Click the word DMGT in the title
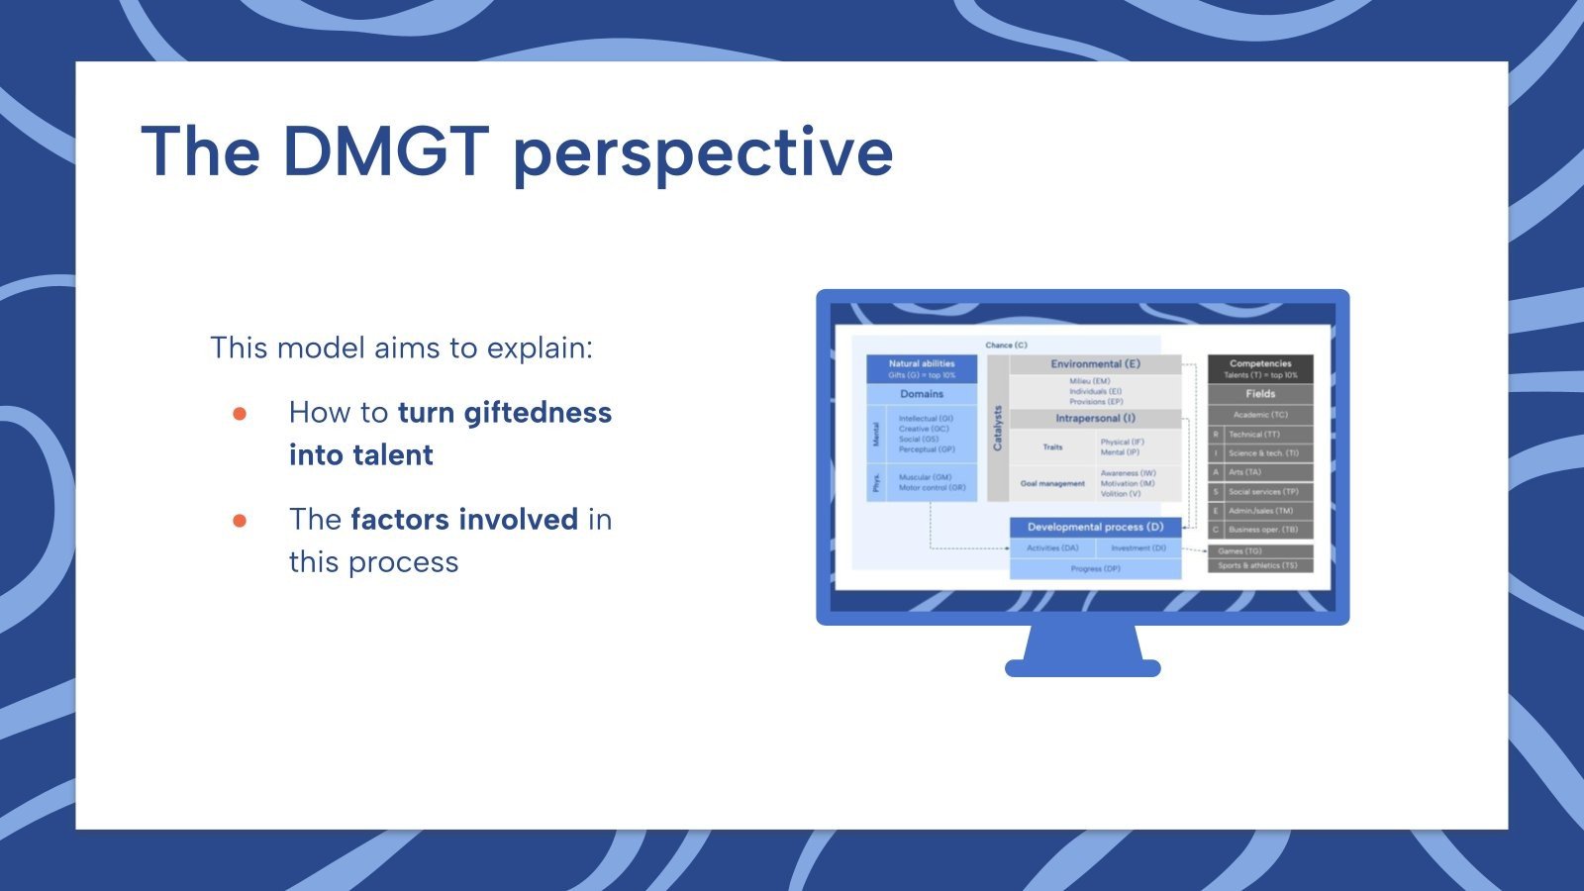point(386,151)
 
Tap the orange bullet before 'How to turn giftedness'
point(240,413)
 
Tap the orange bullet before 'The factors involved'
point(240,520)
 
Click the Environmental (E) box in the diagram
point(1095,364)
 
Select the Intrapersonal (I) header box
point(1095,419)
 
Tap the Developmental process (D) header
point(1095,528)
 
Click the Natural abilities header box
point(922,368)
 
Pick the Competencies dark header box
point(1260,368)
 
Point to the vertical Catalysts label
point(998,428)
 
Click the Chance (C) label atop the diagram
point(1006,346)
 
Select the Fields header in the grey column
point(1260,394)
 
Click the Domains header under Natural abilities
point(922,394)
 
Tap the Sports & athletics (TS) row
point(1259,565)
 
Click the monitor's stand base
point(1082,668)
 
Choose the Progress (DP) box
point(1095,569)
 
